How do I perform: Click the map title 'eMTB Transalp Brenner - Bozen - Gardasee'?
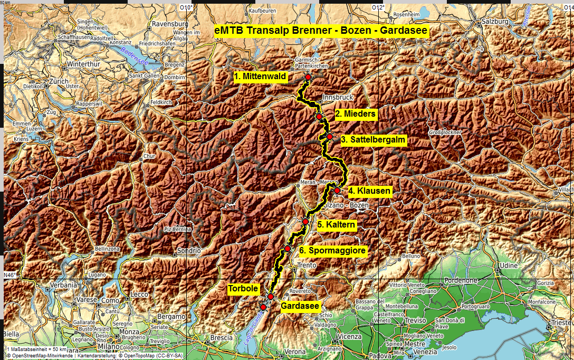321,31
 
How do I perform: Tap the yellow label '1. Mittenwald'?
260,77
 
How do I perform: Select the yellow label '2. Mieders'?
356,113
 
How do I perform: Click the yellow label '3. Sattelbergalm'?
372,140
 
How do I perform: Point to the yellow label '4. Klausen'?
369,191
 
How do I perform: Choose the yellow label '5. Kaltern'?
337,225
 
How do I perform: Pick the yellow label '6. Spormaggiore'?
332,251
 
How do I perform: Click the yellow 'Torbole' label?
243,289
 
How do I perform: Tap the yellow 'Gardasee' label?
300,306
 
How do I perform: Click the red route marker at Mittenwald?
308,77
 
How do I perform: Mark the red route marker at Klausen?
337,191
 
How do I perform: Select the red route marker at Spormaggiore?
288,249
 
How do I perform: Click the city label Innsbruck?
337,98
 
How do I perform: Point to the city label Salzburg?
494,22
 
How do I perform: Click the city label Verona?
295,351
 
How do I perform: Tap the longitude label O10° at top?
184,7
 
